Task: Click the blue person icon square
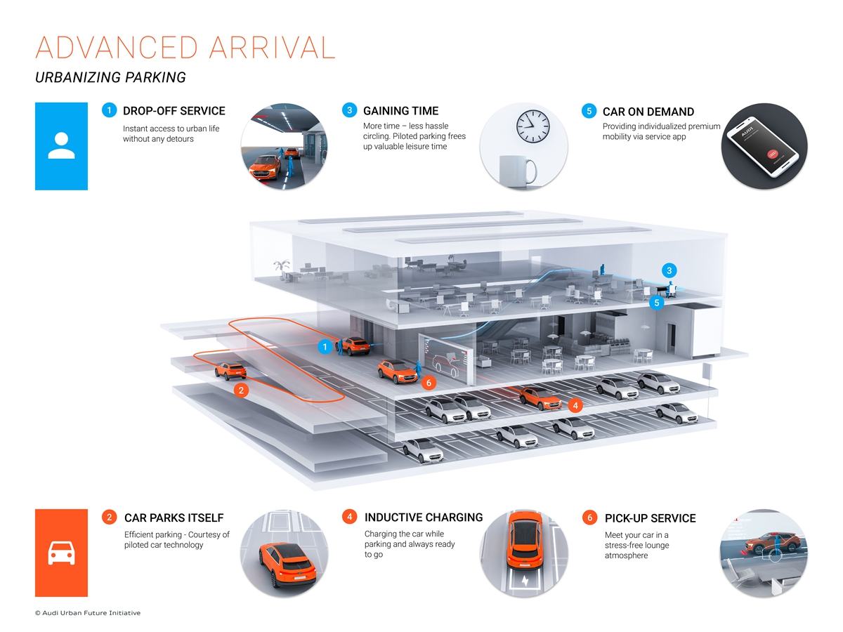(x=61, y=146)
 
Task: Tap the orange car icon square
(x=61, y=553)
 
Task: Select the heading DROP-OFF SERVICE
(x=174, y=111)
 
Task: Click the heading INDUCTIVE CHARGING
(x=424, y=518)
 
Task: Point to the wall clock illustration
(x=533, y=126)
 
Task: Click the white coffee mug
(x=516, y=170)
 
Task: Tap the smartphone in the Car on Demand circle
(x=762, y=146)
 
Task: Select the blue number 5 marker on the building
(x=657, y=303)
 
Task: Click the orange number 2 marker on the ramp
(x=241, y=390)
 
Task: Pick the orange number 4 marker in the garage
(x=575, y=405)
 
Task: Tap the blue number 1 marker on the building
(x=325, y=346)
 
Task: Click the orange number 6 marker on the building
(x=429, y=383)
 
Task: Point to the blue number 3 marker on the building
(x=669, y=270)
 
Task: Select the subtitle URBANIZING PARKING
(x=110, y=77)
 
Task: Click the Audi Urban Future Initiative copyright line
(x=88, y=613)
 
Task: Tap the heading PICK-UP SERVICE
(x=650, y=518)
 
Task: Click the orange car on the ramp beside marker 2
(x=230, y=369)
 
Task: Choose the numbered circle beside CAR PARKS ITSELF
(x=109, y=518)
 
